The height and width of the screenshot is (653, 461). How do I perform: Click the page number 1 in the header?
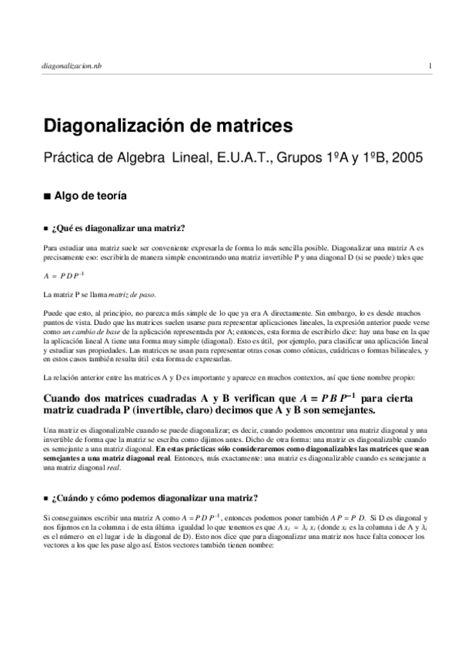[430, 67]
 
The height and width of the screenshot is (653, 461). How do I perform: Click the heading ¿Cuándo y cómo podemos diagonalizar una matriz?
[154, 497]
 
